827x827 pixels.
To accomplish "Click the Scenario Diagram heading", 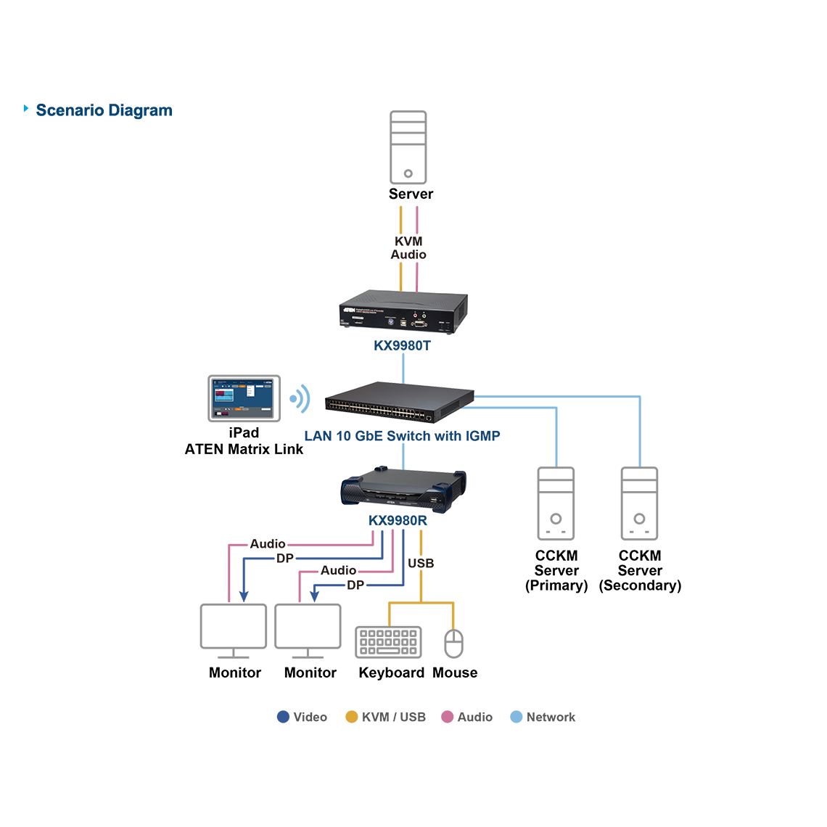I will [x=104, y=110].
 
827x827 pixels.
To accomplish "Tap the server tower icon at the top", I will [x=408, y=147].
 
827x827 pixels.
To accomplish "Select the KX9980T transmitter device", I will [x=403, y=313].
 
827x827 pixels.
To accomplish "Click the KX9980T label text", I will [x=402, y=346].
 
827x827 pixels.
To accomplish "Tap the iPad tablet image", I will [x=244, y=398].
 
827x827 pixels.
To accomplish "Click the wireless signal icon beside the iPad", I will [x=299, y=399].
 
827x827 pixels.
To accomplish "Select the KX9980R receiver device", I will [x=403, y=487].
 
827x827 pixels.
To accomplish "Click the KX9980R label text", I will [x=398, y=521].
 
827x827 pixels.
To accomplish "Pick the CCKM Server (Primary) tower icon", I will [x=556, y=503].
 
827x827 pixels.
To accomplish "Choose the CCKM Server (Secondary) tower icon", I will [x=639, y=503].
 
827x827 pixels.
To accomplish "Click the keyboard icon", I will [x=388, y=642].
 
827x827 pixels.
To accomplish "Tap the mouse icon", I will [x=453, y=643].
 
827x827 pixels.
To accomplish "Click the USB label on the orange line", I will [x=421, y=564].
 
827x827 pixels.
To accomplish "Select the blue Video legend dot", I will [x=283, y=717].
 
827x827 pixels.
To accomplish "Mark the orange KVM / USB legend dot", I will [x=351, y=717].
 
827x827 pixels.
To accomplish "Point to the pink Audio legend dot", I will [x=447, y=717].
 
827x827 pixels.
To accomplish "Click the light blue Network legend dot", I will [x=516, y=717].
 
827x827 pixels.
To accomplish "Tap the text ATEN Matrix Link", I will [x=244, y=449].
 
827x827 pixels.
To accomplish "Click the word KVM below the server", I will [x=408, y=242].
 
